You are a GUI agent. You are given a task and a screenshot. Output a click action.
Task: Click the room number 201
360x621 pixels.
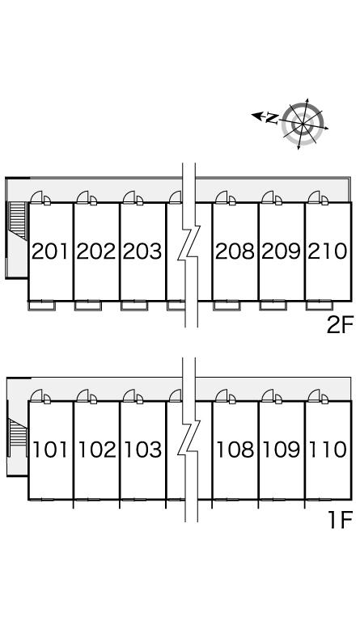pos(50,251)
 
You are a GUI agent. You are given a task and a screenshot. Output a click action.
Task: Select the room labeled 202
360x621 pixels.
pos(96,251)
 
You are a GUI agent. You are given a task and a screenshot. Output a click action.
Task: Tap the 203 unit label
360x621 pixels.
pos(142,251)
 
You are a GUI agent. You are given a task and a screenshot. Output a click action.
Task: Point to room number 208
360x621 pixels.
pos(235,251)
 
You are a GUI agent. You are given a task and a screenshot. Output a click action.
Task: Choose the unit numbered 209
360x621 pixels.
pos(282,251)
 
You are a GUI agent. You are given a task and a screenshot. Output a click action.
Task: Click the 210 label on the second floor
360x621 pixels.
pos(328,251)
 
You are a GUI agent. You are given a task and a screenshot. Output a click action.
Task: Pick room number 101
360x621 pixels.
pos(50,450)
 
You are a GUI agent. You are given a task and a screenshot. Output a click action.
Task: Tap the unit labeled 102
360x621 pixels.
pos(97,450)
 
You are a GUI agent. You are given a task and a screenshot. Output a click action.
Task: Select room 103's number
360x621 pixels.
pos(143,450)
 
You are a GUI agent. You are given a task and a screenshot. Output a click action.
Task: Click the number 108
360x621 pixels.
pos(235,450)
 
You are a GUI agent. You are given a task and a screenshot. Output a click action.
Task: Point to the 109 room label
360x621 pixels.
pos(282,450)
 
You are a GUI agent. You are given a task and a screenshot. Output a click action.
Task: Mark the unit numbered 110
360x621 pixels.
pos(328,450)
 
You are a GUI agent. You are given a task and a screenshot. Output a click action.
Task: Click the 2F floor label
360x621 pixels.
pos(340,326)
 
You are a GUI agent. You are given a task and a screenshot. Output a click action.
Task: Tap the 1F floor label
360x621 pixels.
pos(341,520)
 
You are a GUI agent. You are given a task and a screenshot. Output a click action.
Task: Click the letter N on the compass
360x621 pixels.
pos(272,117)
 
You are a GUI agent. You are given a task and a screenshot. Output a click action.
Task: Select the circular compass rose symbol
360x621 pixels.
pos(303,124)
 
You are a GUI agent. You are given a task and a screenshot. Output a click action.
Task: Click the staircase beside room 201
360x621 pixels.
pos(18,221)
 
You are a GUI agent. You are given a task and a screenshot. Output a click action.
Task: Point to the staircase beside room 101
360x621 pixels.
pos(18,433)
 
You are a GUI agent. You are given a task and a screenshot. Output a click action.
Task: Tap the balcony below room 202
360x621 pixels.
pos(88,306)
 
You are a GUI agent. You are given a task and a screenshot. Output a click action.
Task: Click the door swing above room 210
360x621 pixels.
pos(314,196)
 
